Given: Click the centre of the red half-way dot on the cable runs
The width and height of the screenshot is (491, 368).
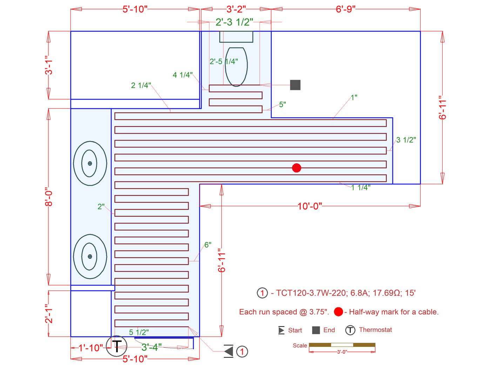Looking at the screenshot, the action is click(x=296, y=168).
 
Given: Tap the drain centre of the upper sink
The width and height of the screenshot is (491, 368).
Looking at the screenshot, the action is click(x=90, y=163).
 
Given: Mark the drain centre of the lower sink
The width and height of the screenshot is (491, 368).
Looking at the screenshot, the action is click(x=90, y=256).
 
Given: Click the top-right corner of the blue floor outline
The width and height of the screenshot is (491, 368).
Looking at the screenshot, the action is click(x=420, y=31).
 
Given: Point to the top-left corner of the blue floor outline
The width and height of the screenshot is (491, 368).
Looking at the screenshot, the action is click(x=71, y=31).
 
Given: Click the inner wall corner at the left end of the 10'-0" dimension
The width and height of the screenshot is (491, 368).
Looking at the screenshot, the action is click(x=200, y=184).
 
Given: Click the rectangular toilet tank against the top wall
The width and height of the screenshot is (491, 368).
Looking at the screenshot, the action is click(x=236, y=37).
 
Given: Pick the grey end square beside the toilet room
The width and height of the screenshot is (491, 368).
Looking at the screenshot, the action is click(x=295, y=85).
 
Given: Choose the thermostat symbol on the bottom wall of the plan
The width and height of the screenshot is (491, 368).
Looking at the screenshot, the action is click(x=116, y=346).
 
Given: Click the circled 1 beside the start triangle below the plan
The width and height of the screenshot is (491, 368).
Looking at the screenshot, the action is click(x=242, y=352).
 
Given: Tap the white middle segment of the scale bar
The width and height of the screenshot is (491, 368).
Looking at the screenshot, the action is click(x=342, y=345).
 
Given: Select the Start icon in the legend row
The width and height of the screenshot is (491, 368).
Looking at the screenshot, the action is click(x=281, y=330).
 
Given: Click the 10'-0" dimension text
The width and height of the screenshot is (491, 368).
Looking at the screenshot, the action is click(x=310, y=206).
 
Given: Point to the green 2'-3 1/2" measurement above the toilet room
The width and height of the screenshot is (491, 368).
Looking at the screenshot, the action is click(x=234, y=22).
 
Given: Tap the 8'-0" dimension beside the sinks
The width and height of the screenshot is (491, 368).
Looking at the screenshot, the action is click(x=48, y=197).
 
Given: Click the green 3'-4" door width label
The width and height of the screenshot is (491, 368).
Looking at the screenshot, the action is click(x=152, y=347).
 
